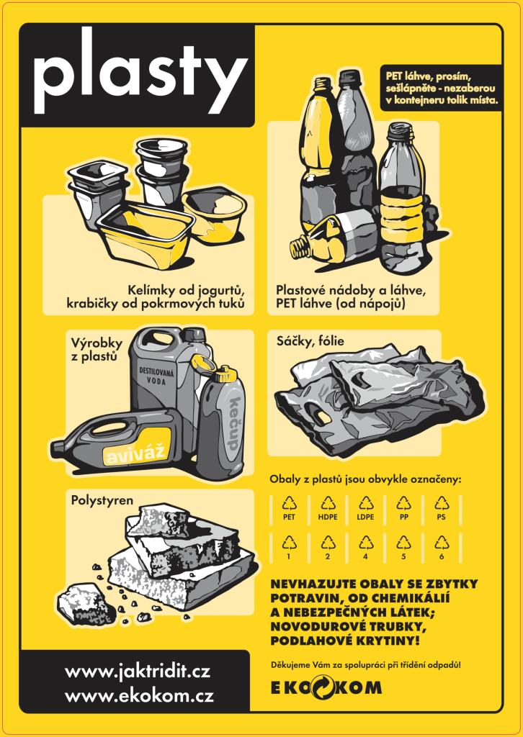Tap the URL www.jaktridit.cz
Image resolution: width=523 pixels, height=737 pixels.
click(138, 672)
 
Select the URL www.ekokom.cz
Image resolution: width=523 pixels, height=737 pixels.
click(139, 695)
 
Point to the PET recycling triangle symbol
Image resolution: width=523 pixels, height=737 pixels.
click(290, 505)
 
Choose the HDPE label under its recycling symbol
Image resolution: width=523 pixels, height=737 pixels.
click(328, 517)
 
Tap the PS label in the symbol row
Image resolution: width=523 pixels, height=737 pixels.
click(441, 517)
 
